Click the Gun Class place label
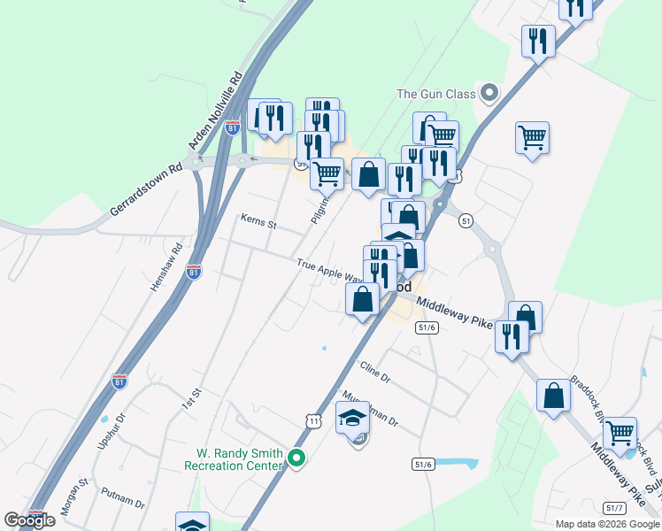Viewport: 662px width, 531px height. (435, 94)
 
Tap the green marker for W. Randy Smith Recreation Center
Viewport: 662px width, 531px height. (297, 458)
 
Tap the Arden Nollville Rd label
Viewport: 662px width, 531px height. (214, 110)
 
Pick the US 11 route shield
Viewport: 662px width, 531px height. (314, 421)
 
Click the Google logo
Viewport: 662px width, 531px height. (29, 520)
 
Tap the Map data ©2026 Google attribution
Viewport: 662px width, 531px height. (607, 524)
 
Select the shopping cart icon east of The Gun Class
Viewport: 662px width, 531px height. (532, 138)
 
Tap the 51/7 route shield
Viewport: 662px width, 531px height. (615, 507)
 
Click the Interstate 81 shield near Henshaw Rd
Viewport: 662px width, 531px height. (194, 272)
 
